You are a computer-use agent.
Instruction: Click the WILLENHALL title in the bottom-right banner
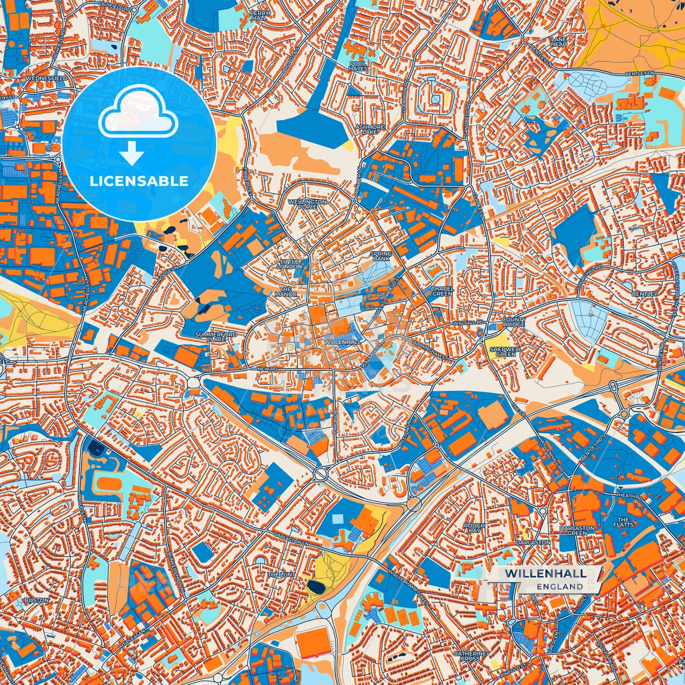tap(545, 574)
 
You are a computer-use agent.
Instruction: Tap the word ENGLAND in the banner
tap(560, 586)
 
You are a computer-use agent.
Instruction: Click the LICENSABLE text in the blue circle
tap(139, 181)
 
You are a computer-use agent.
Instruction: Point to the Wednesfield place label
tap(47, 77)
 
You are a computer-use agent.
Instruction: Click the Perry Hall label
tap(261, 15)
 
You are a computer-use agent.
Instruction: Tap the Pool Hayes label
tap(358, 65)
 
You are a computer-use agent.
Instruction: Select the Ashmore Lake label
tap(370, 129)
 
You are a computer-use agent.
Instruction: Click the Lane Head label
tap(559, 42)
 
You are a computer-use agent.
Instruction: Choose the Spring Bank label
tap(381, 256)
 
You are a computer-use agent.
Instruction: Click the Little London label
tap(291, 264)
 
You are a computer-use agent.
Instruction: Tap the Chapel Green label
tap(442, 291)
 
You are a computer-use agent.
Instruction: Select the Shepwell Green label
tap(505, 351)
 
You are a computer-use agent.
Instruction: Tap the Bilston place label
tap(37, 600)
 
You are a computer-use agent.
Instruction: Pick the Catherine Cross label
tap(470, 656)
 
